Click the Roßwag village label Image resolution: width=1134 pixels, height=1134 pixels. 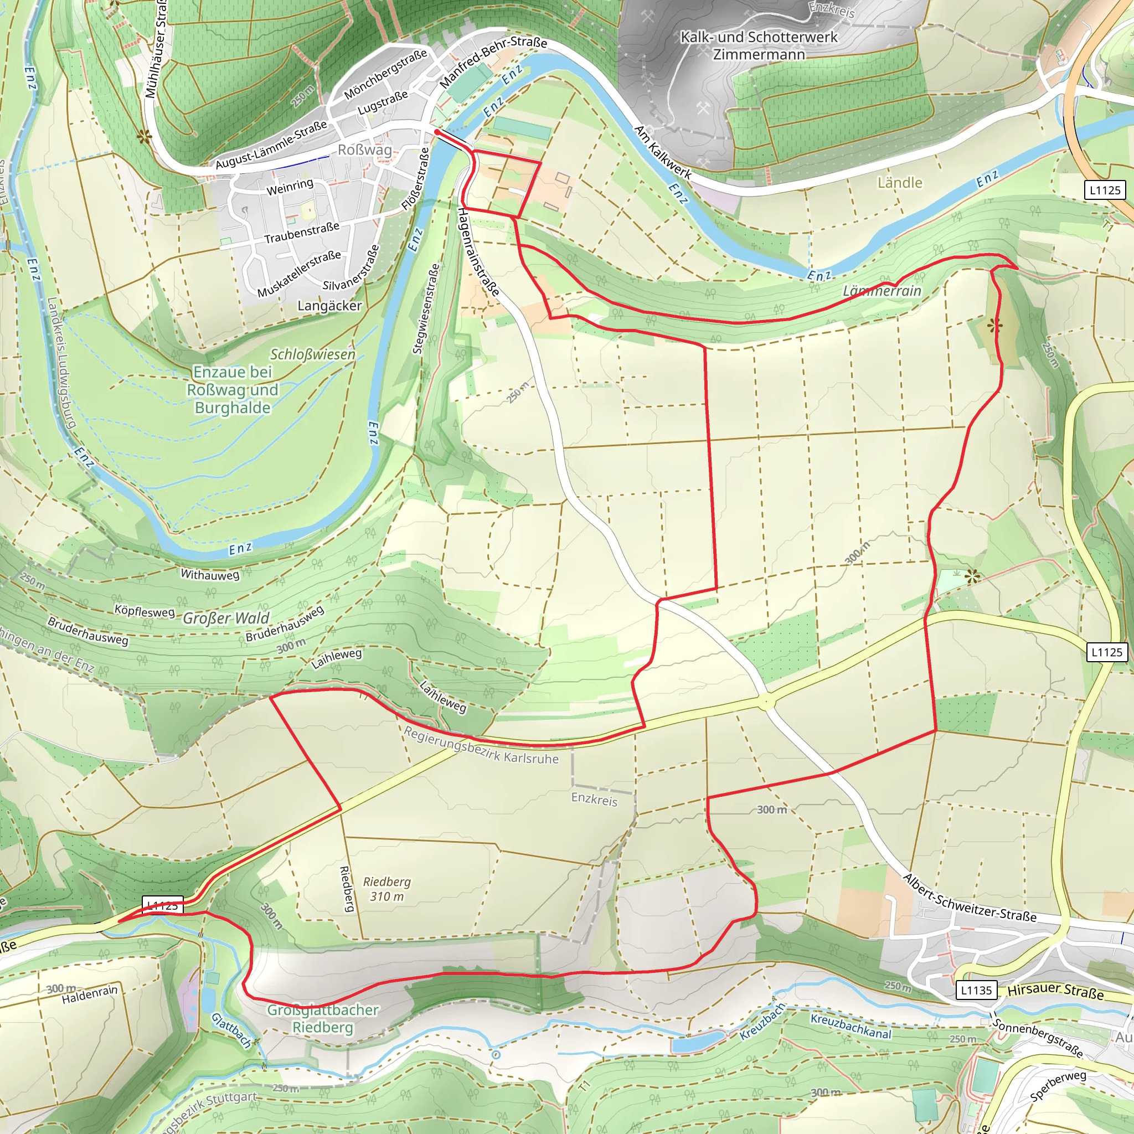[364, 150]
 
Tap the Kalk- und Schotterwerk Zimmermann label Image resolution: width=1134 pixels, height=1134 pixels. [759, 46]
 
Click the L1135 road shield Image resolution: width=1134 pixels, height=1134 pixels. [976, 990]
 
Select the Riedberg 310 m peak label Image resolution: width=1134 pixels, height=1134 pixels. [386, 889]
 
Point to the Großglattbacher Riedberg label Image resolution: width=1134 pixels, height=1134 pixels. [323, 1018]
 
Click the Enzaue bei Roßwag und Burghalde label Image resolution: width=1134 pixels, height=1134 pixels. [233, 390]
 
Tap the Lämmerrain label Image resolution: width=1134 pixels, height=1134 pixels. [882, 291]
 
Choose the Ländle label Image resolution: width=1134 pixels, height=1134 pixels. [899, 183]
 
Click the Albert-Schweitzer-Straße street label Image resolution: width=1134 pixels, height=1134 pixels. [969, 898]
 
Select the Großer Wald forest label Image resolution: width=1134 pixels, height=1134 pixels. [226, 618]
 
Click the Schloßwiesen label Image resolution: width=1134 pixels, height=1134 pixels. [312, 354]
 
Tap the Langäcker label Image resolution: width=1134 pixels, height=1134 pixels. [329, 305]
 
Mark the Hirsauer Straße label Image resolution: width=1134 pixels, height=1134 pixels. [1055, 991]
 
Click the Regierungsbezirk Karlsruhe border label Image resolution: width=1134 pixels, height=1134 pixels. [481, 745]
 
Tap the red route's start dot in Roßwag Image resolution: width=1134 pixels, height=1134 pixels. [437, 133]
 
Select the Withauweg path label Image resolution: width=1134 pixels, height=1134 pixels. [209, 574]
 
